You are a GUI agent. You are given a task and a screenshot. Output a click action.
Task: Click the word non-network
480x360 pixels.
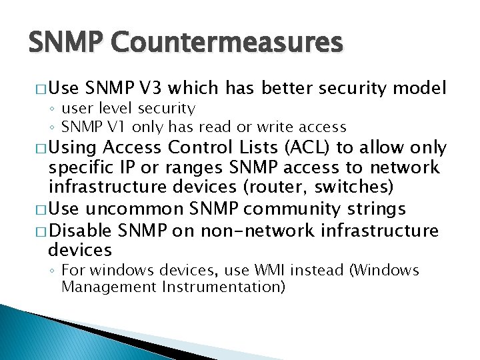[245, 231]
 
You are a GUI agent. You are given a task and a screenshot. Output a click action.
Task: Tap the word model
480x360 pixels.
[419, 88]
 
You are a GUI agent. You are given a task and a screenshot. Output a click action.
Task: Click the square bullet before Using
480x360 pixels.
[39, 147]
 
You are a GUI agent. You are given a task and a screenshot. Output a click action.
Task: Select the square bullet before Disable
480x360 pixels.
[39, 231]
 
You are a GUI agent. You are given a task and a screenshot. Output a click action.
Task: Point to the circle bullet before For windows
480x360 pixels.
[53, 271]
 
